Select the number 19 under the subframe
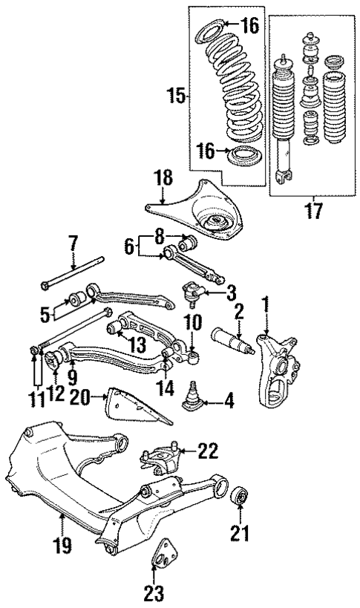[x=63, y=546]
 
